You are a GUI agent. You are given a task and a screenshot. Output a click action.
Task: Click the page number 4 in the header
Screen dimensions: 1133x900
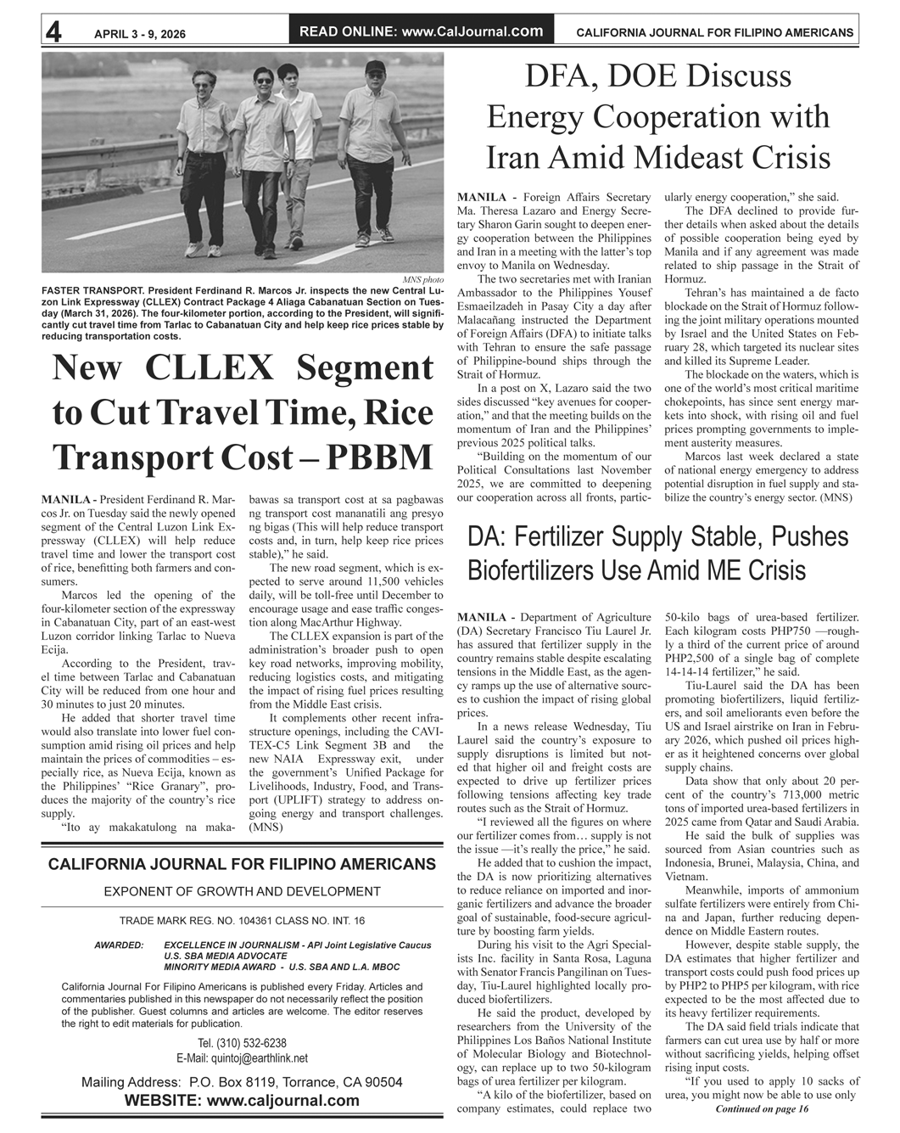pyautogui.click(x=53, y=32)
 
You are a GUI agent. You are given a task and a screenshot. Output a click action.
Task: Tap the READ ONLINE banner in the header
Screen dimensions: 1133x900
pyautogui.click(x=421, y=31)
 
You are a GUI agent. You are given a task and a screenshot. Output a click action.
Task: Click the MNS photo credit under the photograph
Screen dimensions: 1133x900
pyautogui.click(x=422, y=279)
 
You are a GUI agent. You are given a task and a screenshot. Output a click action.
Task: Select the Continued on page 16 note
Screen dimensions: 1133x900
pyautogui.click(x=761, y=1109)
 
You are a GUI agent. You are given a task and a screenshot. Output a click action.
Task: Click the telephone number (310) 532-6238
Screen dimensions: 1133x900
pyautogui.click(x=242, y=1043)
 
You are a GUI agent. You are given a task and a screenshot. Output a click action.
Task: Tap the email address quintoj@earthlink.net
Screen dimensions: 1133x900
pyautogui.click(x=242, y=1058)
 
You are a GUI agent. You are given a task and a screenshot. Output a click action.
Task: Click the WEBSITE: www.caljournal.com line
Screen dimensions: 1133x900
pyautogui.click(x=242, y=1101)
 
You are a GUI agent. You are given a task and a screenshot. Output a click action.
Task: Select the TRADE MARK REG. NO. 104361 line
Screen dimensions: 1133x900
pyautogui.click(x=242, y=921)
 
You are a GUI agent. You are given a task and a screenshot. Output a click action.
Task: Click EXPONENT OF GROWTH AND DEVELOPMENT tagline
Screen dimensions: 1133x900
pyautogui.click(x=242, y=891)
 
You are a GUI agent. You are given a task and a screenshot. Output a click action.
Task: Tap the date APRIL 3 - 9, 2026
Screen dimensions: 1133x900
pyautogui.click(x=140, y=34)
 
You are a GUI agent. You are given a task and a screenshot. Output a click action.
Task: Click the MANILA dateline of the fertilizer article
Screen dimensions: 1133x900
pyautogui.click(x=481, y=617)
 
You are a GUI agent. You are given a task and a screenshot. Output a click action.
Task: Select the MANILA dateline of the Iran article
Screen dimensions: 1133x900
pyautogui.click(x=481, y=198)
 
